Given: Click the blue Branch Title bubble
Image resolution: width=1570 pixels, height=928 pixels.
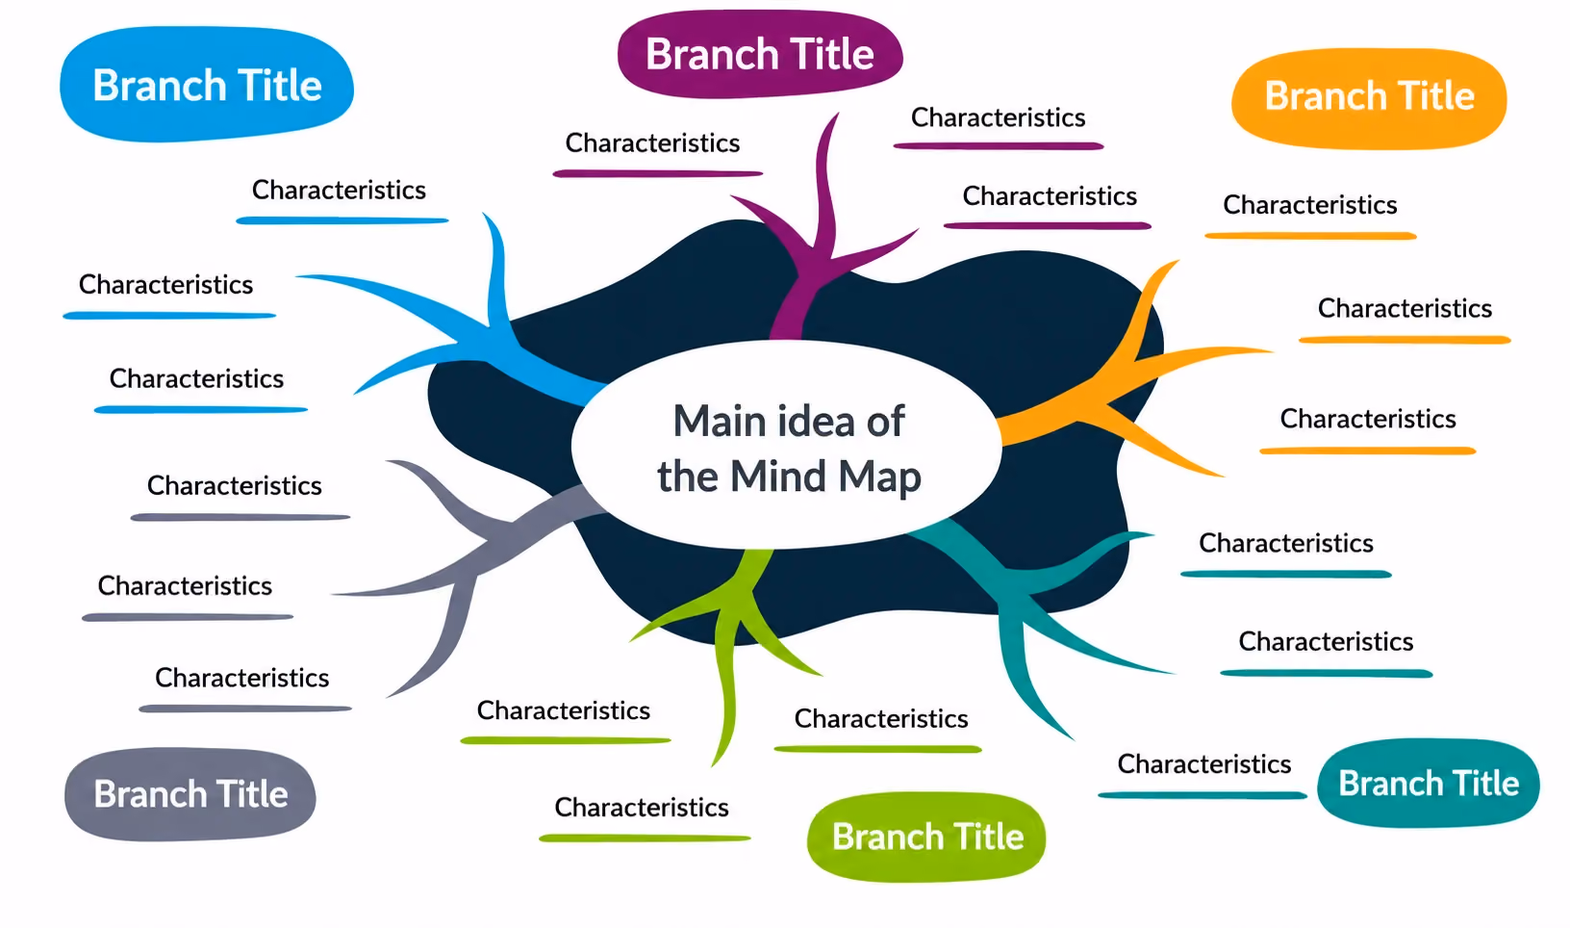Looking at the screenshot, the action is click(x=207, y=85).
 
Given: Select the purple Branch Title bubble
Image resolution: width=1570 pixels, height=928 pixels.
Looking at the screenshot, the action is click(x=760, y=54).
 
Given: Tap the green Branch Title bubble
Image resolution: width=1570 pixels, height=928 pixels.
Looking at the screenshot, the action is click(x=926, y=837).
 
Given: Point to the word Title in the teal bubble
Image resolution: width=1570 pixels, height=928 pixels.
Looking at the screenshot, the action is click(x=1485, y=783).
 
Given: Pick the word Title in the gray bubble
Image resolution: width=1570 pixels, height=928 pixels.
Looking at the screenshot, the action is click(x=252, y=794).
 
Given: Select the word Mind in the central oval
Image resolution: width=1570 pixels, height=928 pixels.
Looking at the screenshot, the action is click(x=778, y=477).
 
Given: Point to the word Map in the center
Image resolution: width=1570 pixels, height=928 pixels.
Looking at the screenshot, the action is click(x=879, y=477).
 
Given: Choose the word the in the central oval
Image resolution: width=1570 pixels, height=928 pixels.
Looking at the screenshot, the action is click(x=689, y=477).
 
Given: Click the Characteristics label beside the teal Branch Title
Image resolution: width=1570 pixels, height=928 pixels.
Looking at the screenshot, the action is click(x=1203, y=763).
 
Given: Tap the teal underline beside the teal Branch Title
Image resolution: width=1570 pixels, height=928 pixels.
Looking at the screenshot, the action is click(x=1203, y=795).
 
